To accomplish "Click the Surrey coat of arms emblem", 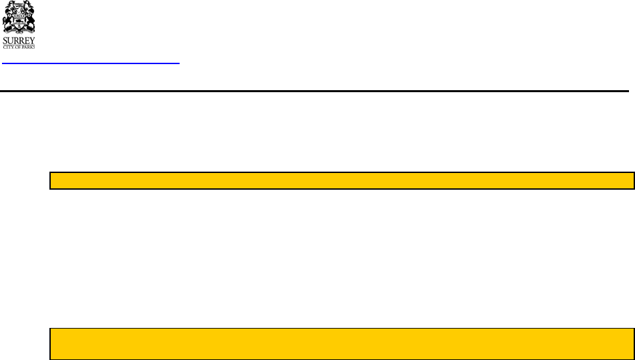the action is coord(19,19).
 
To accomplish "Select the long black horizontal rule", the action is coord(314,91).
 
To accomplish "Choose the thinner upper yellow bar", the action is coord(342,181).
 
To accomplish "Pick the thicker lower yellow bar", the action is coord(342,344).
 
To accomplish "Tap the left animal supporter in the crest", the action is coord(9,20).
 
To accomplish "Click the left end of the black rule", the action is coord(2,91).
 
